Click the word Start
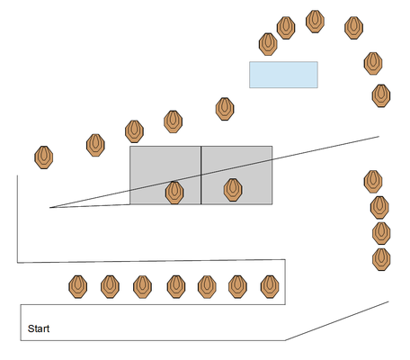(x=39, y=328)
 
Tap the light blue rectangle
(x=283, y=75)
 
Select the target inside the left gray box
(x=174, y=193)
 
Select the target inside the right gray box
(x=233, y=190)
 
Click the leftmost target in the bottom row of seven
(x=78, y=287)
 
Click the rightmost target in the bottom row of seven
(x=270, y=287)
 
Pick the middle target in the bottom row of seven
(x=176, y=287)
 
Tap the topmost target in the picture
(x=315, y=22)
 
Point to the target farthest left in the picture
(x=44, y=157)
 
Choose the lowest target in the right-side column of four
(x=381, y=259)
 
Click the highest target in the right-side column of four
(x=373, y=182)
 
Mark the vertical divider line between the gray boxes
(x=201, y=175)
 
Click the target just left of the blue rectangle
(x=225, y=109)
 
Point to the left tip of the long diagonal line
(x=49, y=207)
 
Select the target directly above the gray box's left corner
(x=134, y=131)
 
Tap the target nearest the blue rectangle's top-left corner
(x=268, y=44)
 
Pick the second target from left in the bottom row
(x=110, y=287)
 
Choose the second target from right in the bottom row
(x=237, y=287)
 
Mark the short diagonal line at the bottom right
(x=337, y=321)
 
